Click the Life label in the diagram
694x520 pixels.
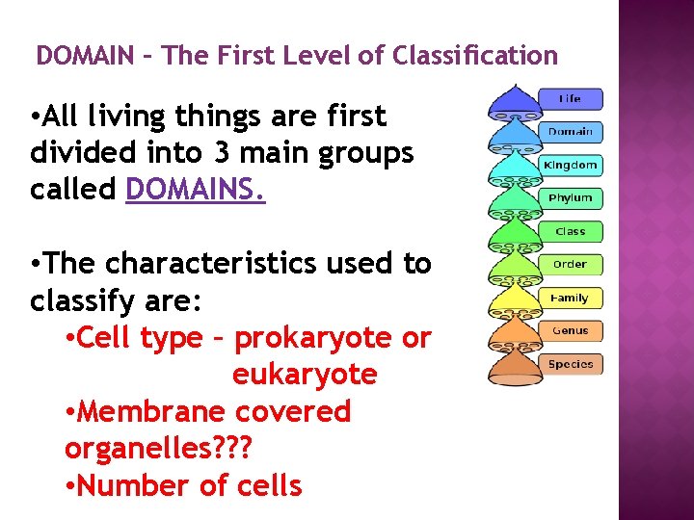[x=571, y=98]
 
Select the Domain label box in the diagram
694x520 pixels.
[x=571, y=131]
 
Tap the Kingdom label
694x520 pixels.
[x=571, y=165]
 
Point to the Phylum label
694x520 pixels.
[x=571, y=197]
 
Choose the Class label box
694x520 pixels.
[x=571, y=231]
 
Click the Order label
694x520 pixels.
[x=571, y=264]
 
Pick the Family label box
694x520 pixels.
[x=571, y=298]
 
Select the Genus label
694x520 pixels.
[x=571, y=330]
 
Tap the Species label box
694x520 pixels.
[x=571, y=364]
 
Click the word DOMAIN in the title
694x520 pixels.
[x=85, y=56]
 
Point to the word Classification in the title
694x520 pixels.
[x=475, y=56]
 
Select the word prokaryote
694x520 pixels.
[x=319, y=338]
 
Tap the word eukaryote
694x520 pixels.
[x=305, y=375]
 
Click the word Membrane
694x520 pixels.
[x=151, y=411]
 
